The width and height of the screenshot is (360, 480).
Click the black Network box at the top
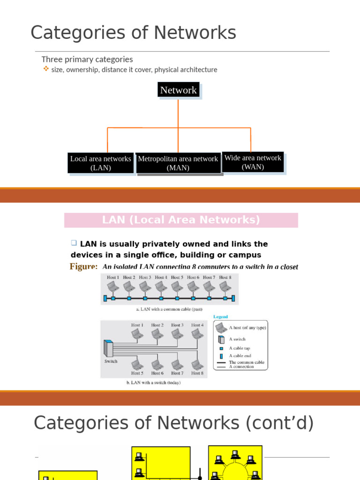pos(178,90)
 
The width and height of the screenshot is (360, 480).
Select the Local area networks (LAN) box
pos(101,163)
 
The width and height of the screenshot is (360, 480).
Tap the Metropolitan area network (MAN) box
pos(178,163)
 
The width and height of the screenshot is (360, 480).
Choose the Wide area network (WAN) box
pos(253,162)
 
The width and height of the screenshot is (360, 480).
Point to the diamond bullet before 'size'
pos(45,69)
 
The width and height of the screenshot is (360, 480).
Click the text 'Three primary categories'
pos(87,60)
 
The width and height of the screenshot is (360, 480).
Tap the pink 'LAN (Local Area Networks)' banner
pos(181,220)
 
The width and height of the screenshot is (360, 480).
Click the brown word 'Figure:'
pos(84,267)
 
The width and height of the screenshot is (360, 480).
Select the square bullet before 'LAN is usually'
pos(74,243)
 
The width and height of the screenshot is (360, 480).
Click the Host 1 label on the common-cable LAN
pos(113,277)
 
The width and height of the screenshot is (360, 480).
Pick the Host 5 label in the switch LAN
pos(137,373)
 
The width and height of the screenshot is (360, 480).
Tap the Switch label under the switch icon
pos(111,361)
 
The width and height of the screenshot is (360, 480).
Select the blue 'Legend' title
pos(220,317)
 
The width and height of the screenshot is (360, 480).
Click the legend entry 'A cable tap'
pos(240,348)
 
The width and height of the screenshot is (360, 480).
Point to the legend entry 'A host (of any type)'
pos(247,328)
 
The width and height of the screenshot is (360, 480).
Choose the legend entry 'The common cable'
pos(247,362)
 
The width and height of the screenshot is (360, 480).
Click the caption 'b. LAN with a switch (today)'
pos(153,382)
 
